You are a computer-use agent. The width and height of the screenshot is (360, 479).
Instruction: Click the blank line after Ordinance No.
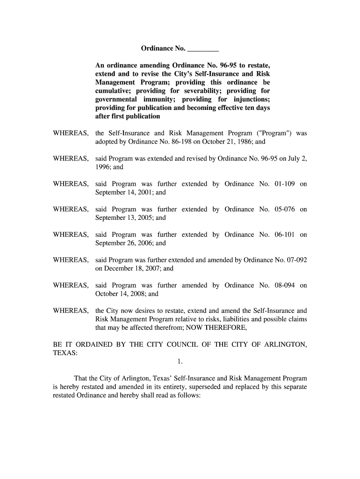203,49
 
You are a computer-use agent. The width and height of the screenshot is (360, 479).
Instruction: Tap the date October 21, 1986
220,142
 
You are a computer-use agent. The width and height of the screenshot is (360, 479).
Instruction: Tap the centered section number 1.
180,362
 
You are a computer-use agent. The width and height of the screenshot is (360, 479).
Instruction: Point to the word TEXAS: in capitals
65,353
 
